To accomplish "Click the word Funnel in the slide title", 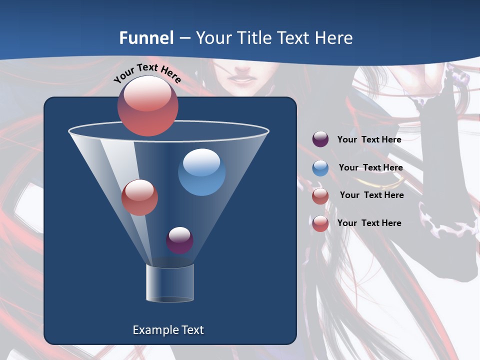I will point(146,38).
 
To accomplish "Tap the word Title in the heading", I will point(255,38).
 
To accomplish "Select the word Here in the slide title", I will point(333,38).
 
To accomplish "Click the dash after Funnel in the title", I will point(184,38).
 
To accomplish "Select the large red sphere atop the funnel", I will point(147,105).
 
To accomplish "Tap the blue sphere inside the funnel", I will point(202,172).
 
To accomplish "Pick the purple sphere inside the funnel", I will point(179,240).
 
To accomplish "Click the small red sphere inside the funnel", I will point(139,197).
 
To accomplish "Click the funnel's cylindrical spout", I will point(170,283).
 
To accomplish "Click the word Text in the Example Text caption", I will point(192,330).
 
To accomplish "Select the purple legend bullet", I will point(320,139).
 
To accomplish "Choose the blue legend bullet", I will point(320,168).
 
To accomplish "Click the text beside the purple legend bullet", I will point(369,139).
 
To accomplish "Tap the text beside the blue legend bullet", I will point(370,167).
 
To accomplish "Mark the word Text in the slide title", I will point(296,38).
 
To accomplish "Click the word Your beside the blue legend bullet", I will point(348,167).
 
